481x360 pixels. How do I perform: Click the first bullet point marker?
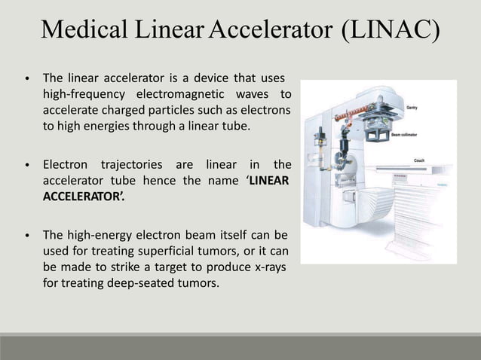pos(28,78)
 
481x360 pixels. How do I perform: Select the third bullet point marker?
pos(28,234)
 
